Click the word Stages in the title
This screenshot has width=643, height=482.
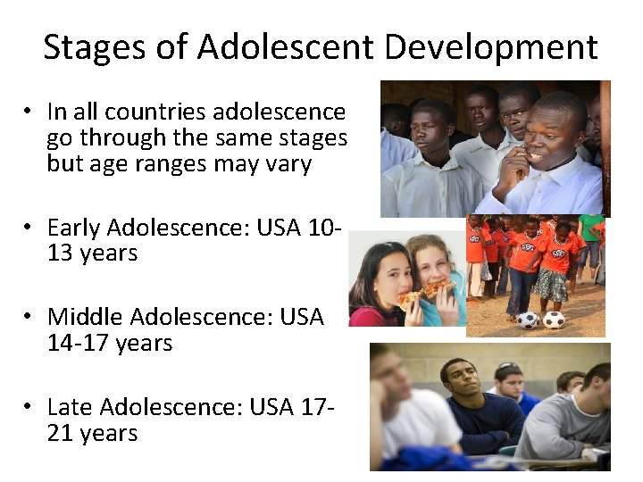(x=88, y=46)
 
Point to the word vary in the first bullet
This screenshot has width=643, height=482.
(x=287, y=165)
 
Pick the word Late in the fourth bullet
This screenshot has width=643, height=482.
(x=70, y=407)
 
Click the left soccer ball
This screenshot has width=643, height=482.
(x=528, y=319)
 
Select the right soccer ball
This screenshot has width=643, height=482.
(x=554, y=319)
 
